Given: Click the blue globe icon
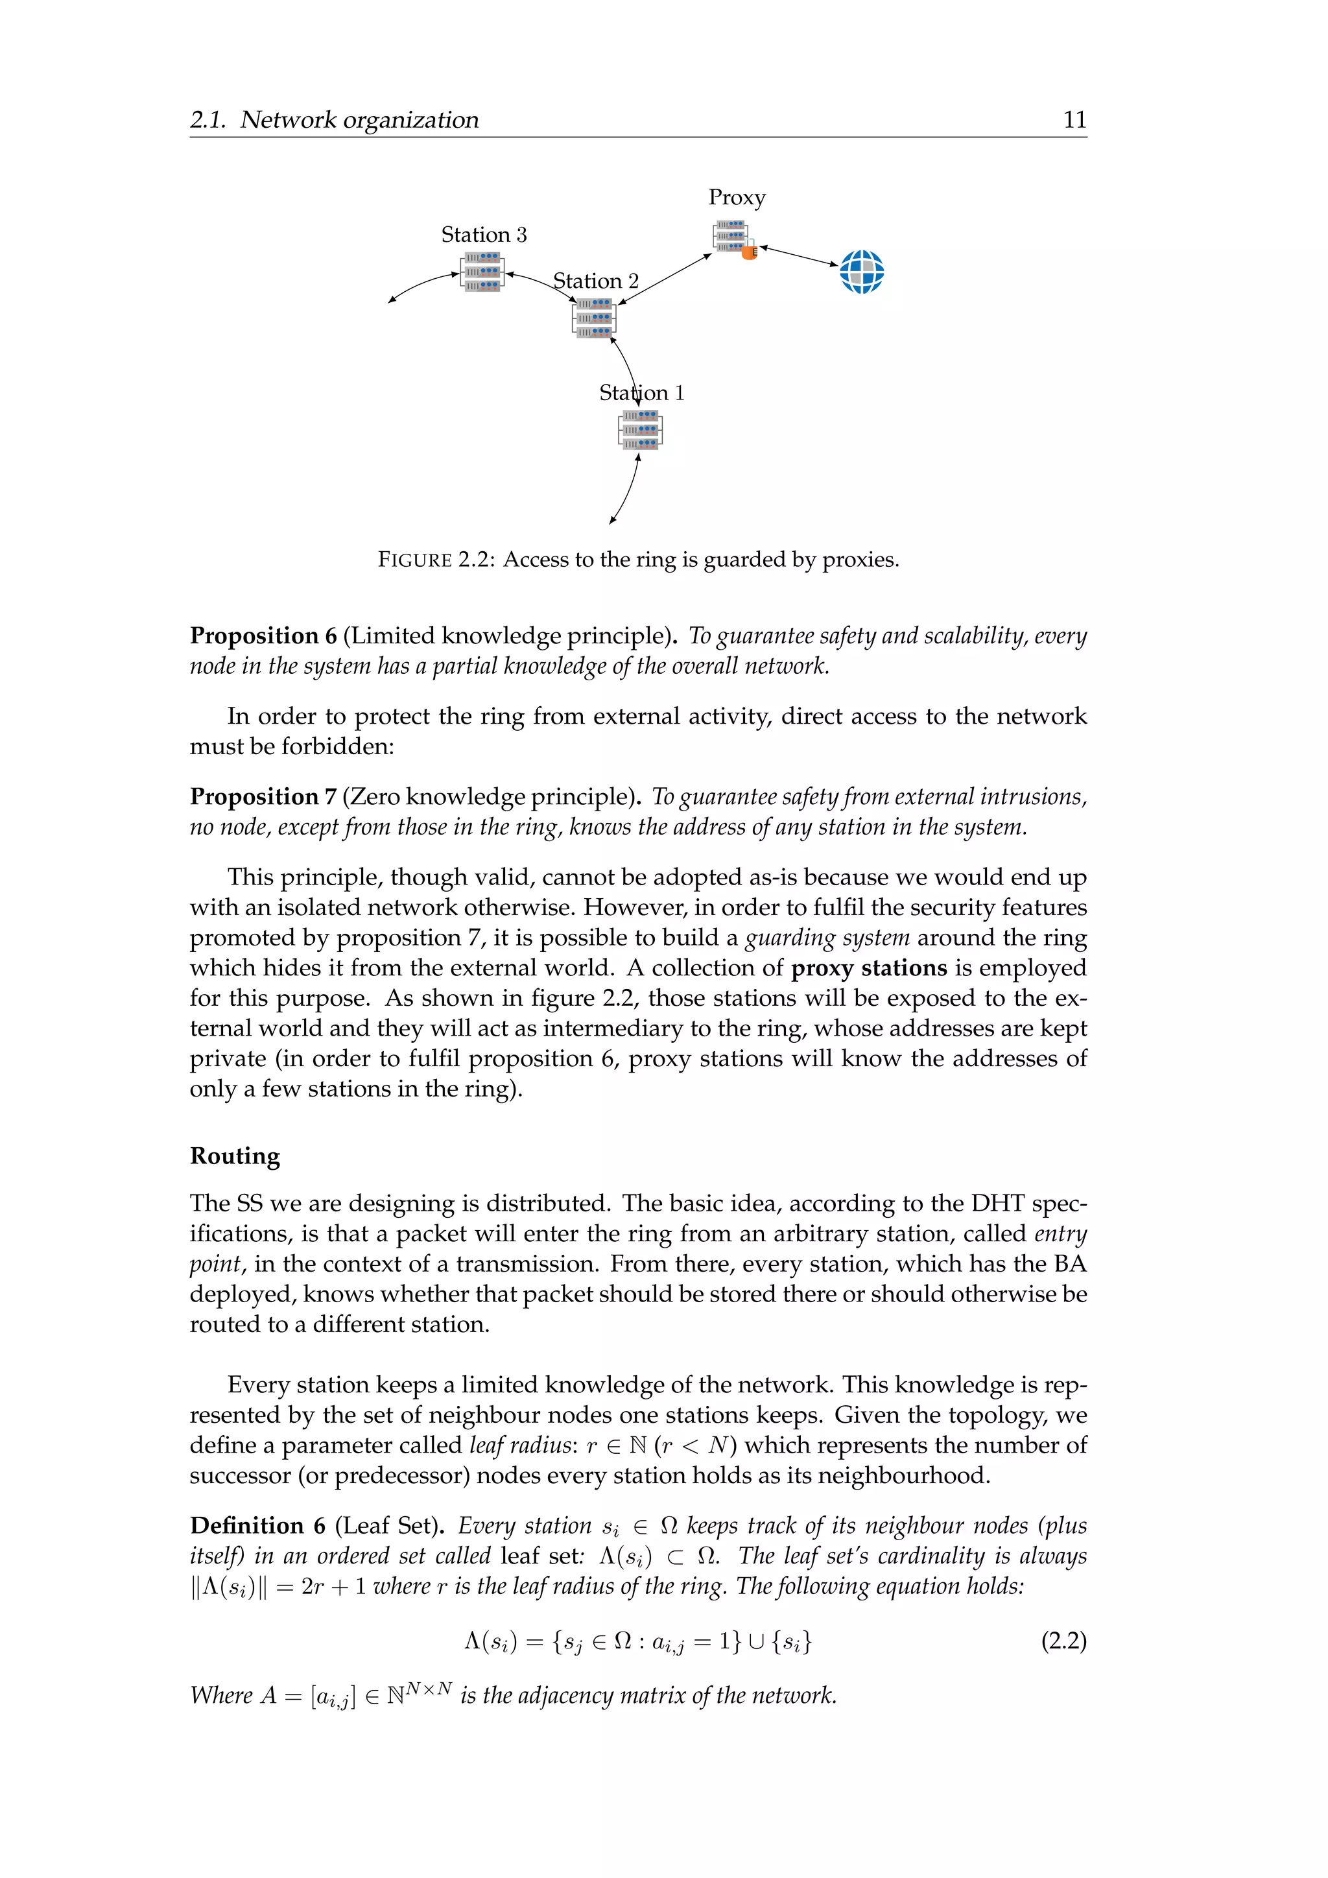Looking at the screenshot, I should (x=862, y=272).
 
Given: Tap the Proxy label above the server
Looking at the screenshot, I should (x=737, y=198).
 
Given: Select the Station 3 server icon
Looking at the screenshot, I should (x=482, y=272).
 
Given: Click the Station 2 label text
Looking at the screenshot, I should (x=595, y=281).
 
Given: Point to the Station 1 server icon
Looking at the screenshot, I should (x=640, y=430).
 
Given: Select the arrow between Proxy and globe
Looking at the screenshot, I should (x=799, y=256).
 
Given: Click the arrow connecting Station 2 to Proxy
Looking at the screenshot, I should (x=665, y=279).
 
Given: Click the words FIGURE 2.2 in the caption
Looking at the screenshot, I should (x=435, y=560).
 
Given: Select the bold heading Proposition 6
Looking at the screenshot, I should (x=263, y=636).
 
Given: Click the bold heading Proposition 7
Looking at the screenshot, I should (x=263, y=797).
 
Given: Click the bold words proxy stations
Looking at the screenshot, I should (x=868, y=968).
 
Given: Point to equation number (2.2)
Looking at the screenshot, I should (x=1063, y=1641).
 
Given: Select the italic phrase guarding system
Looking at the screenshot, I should (x=827, y=938).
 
